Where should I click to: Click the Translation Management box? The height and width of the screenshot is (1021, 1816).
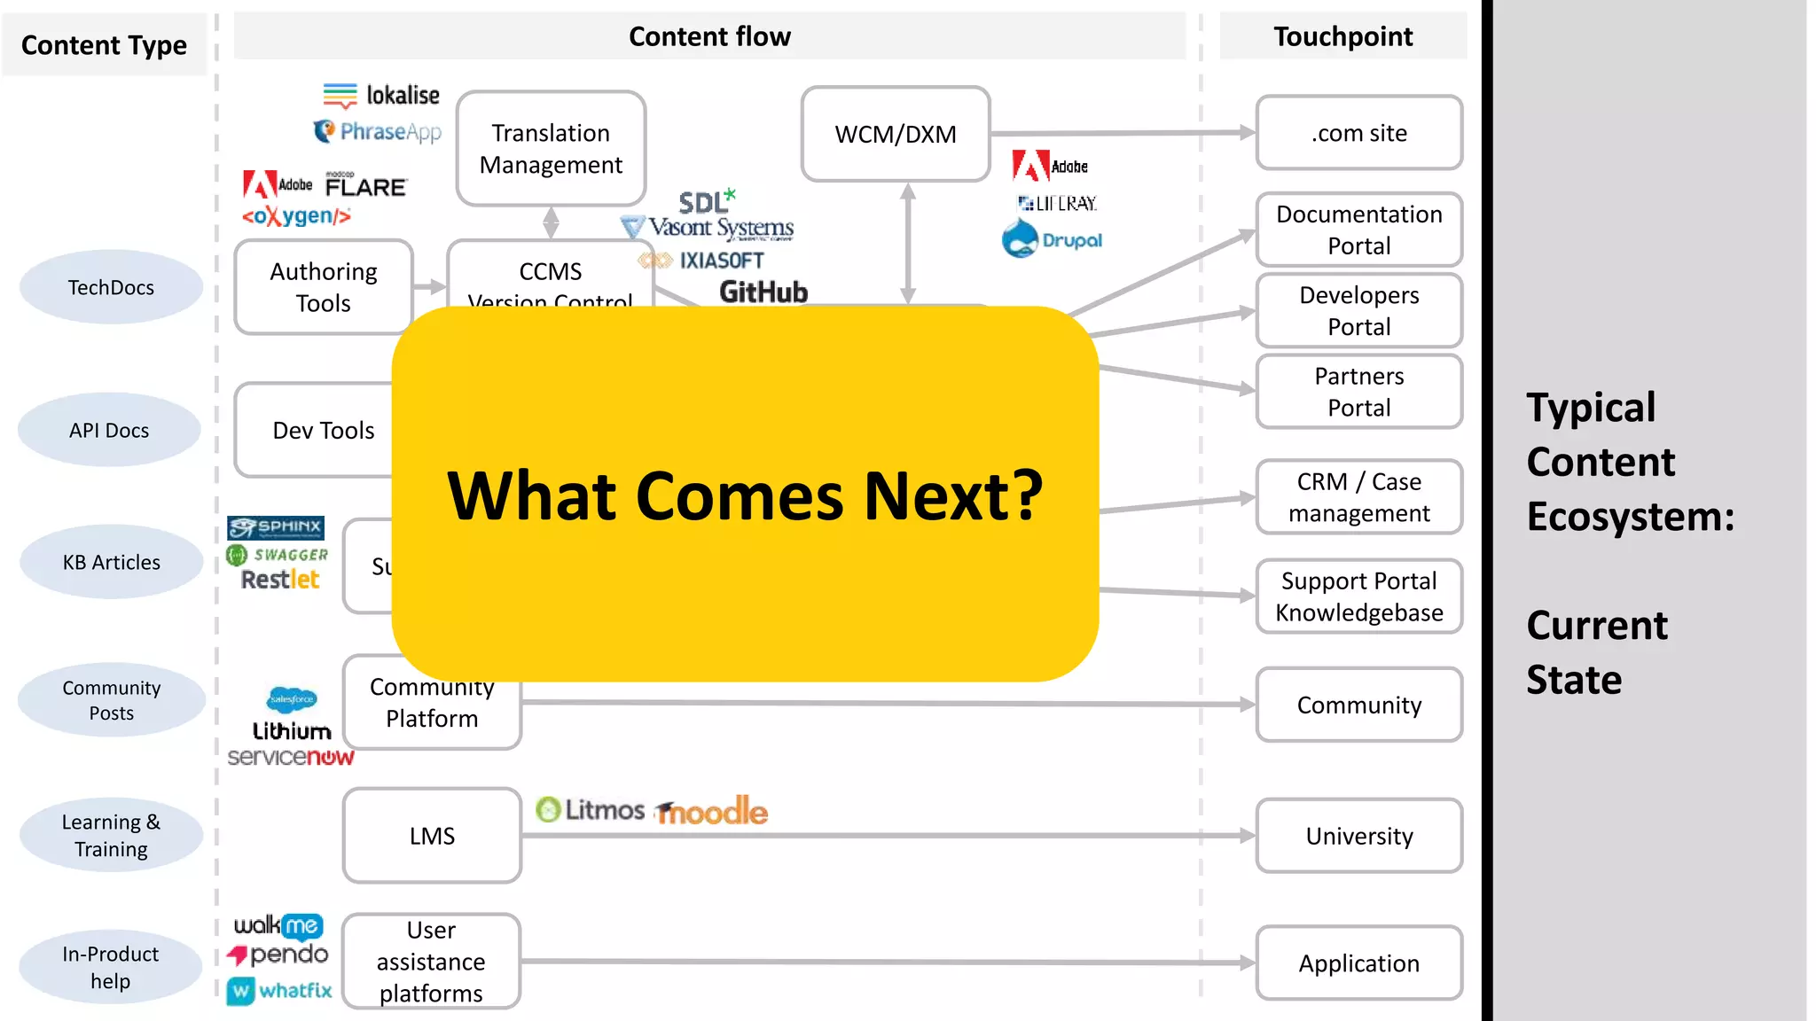coord(551,149)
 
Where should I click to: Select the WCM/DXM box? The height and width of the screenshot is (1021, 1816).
coord(896,134)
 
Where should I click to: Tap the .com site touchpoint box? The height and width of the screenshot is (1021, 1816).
coord(1358,133)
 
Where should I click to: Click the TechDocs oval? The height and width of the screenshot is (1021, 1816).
coord(111,287)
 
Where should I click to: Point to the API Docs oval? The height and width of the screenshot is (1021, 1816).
coord(109,430)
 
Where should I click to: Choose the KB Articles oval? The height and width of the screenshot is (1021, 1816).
coord(111,562)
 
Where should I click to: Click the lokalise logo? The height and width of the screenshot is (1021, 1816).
coord(382,95)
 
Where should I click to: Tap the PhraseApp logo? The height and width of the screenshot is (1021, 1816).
coord(378,132)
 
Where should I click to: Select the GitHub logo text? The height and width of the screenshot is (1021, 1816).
coord(763,292)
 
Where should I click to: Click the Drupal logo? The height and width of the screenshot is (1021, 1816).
coord(1053,239)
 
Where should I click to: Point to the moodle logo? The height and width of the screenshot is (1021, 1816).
coord(712,811)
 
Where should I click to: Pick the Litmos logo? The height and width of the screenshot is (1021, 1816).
coord(591,809)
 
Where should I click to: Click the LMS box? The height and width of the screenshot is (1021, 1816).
coord(432,836)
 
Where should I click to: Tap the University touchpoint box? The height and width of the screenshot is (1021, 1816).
coord(1358,836)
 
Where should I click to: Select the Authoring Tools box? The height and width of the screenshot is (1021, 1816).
coord(324,287)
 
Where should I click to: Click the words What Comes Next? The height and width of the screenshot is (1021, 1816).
coord(745,495)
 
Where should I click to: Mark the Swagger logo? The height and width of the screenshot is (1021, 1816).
coord(278,555)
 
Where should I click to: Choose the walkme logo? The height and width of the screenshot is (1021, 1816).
coord(278,925)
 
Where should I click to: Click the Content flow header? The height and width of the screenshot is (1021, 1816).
coord(709,36)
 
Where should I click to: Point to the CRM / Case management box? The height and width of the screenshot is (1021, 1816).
coord(1358,497)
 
